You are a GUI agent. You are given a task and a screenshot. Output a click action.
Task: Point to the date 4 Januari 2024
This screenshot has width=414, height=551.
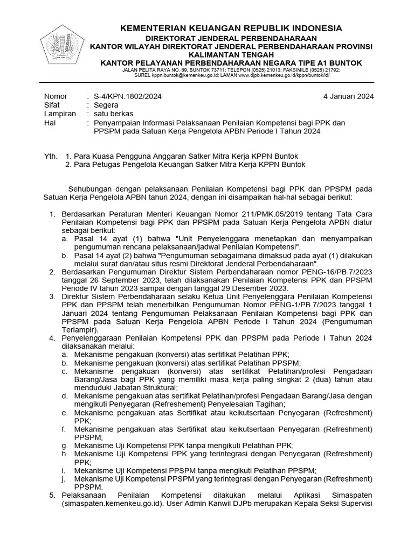pos(348,96)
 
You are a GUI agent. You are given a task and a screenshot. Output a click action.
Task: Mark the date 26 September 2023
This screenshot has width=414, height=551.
pos(118,280)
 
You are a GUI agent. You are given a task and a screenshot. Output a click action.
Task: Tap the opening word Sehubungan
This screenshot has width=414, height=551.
pos(91,189)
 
